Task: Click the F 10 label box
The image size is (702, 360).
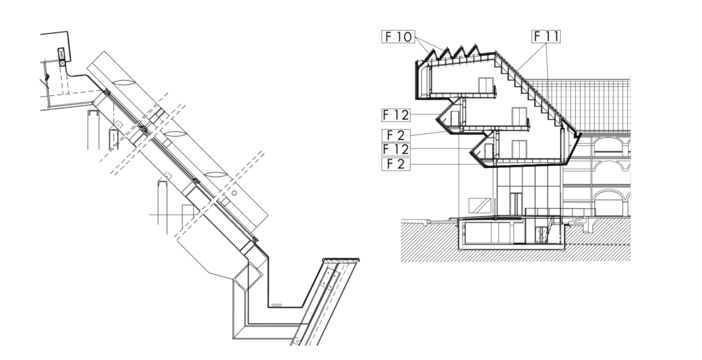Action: coord(398,36)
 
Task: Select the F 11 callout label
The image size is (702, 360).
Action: coord(546,36)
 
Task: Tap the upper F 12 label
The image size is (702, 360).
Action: coord(396,115)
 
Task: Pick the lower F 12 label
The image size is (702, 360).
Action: coord(396,149)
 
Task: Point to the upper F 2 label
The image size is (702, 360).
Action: coord(396,135)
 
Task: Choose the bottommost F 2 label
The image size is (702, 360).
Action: coord(396,164)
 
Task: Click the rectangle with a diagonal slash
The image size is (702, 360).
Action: coord(479,206)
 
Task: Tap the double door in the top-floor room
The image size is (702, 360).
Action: coord(486,85)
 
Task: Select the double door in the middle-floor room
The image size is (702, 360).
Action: coord(519,117)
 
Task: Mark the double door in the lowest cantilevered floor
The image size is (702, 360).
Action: coord(519,149)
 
